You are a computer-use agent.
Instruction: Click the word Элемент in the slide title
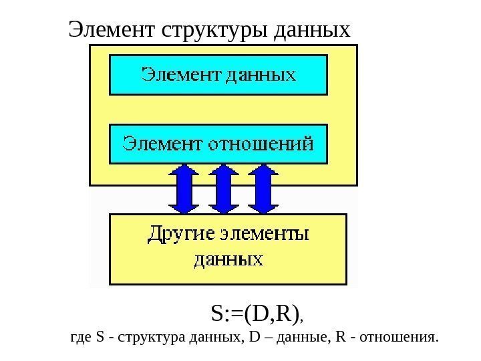point(111,29)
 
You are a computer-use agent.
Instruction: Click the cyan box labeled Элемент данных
point(218,74)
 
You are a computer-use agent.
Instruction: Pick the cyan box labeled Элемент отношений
point(218,143)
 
